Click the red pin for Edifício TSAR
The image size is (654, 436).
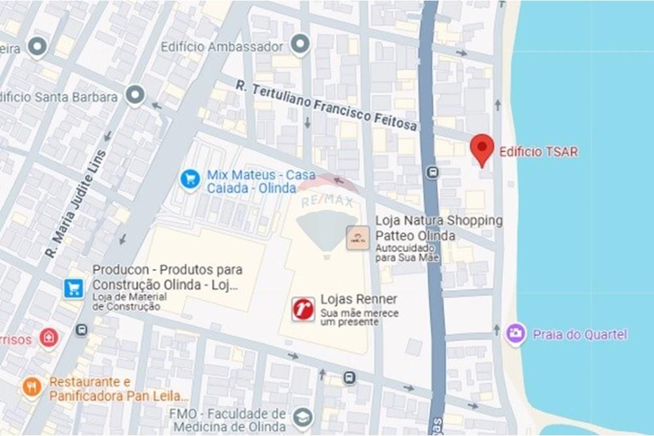[482, 148]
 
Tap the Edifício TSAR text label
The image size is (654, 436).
[538, 152]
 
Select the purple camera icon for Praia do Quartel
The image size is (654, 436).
[516, 334]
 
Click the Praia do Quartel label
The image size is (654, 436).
[579, 335]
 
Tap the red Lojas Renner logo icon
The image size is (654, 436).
[303, 309]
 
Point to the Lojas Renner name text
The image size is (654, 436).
[358, 299]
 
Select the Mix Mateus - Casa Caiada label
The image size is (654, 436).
[260, 182]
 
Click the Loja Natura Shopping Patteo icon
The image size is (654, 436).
[358, 237]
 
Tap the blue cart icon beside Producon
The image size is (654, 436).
[74, 288]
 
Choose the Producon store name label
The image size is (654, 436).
[167, 277]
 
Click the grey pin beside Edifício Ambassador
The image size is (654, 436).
[300, 45]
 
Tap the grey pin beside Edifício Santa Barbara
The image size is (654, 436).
[135, 95]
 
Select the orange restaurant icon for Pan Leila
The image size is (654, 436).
[31, 387]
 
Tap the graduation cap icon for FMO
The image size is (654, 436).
[302, 416]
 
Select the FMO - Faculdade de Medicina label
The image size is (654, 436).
[227, 420]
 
